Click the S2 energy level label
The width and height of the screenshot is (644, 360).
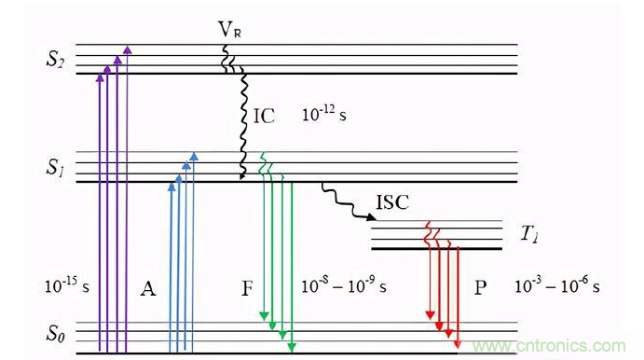(55, 59)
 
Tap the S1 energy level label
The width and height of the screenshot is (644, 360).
(54, 167)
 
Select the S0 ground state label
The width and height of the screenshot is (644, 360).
(55, 333)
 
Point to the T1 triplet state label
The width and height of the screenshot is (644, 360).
(529, 234)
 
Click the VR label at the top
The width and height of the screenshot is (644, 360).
(229, 29)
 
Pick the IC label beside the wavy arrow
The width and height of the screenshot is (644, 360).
(264, 117)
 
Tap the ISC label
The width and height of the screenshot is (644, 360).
(392, 202)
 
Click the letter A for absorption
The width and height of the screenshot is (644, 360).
(148, 288)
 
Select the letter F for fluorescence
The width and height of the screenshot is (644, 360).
(247, 288)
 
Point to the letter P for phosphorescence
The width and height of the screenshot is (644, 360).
(481, 287)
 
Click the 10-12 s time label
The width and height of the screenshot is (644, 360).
(324, 114)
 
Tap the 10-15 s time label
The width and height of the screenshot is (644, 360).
(67, 284)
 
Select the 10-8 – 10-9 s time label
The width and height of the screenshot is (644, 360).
(344, 285)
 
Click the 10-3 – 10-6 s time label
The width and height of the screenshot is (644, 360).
(557, 285)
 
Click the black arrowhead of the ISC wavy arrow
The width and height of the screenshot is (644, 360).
(371, 216)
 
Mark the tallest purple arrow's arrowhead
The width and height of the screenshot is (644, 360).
(128, 49)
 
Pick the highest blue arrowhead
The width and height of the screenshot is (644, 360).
(194, 156)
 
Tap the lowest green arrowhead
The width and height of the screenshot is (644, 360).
(292, 348)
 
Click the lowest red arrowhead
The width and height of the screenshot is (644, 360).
(458, 343)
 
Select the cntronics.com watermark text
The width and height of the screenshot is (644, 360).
(549, 346)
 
